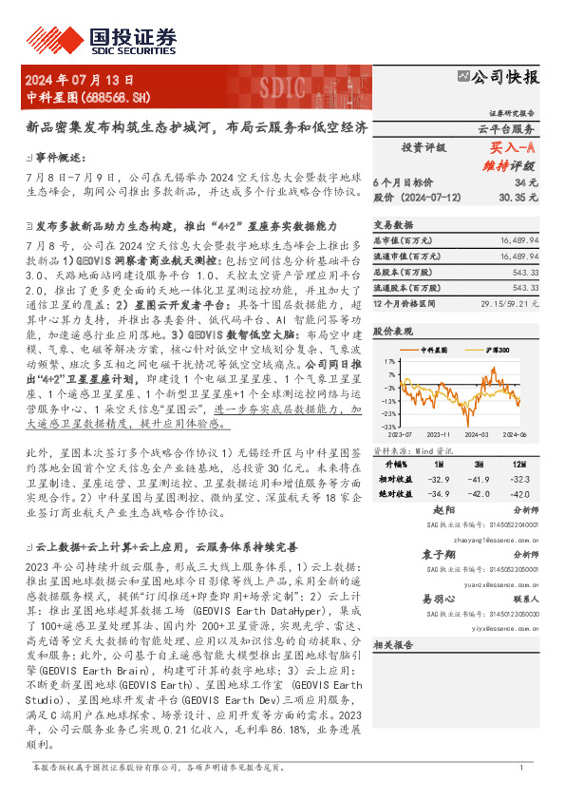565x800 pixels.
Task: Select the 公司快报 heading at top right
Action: coord(503,77)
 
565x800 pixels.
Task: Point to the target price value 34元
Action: coord(526,181)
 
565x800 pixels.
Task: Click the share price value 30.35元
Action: coord(520,197)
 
